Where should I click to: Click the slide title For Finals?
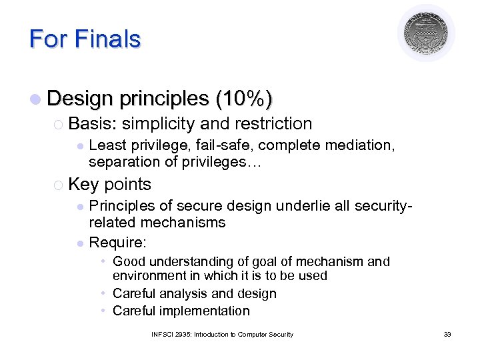pyautogui.click(x=85, y=39)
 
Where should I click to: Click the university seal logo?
pyautogui.click(x=426, y=33)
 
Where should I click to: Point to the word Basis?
pyautogui.click(x=93, y=123)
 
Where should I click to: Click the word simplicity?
pyautogui.click(x=158, y=123)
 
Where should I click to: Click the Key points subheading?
pyautogui.click(x=109, y=185)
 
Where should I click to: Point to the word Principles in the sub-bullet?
pyautogui.click(x=121, y=207)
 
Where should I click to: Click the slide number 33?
pyautogui.click(x=447, y=334)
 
